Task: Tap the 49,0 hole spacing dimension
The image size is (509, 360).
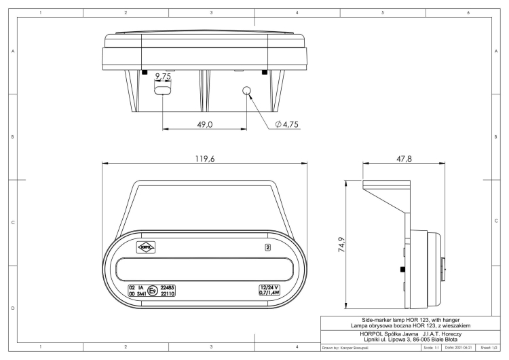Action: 205,124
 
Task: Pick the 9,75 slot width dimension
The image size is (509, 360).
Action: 162,77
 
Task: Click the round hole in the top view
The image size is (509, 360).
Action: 247,91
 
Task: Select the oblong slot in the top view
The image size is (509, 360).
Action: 163,91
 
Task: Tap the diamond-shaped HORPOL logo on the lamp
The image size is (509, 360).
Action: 146,248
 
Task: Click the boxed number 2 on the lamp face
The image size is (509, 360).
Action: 268,248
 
